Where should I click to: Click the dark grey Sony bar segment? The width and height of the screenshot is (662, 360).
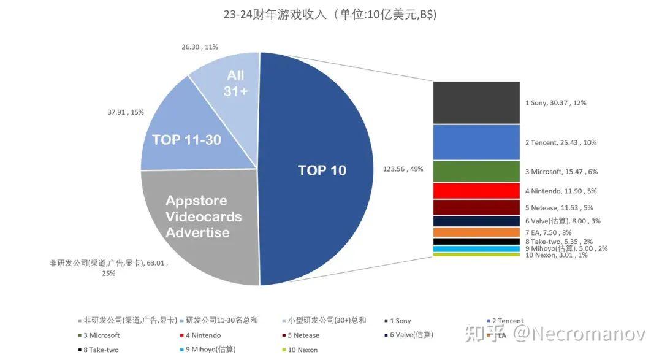pyautogui.click(x=476, y=102)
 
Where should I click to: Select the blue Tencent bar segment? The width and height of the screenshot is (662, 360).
pyautogui.click(x=476, y=142)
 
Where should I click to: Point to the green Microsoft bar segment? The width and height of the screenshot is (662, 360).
pyautogui.click(x=476, y=171)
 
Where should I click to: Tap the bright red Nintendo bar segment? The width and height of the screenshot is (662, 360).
pyautogui.click(x=476, y=191)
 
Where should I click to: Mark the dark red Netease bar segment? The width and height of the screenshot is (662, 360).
pyautogui.click(x=476, y=207)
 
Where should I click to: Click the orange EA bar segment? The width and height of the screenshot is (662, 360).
pyautogui.click(x=476, y=232)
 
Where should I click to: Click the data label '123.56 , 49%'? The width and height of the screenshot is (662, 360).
pyautogui.click(x=403, y=170)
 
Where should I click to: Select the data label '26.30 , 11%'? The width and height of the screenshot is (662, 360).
pyautogui.click(x=200, y=47)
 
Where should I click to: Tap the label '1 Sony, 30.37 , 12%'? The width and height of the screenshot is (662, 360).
pyautogui.click(x=555, y=103)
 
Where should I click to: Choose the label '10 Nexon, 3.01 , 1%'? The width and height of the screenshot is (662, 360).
pyautogui.click(x=556, y=255)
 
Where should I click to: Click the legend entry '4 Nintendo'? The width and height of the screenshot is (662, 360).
pyautogui.click(x=202, y=335)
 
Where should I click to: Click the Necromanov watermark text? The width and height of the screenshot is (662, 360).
pyautogui.click(x=579, y=334)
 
